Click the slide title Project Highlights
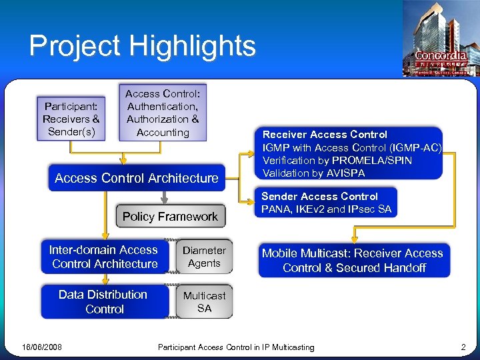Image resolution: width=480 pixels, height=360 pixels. (x=142, y=46)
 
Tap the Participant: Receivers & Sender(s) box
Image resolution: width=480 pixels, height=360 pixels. (x=71, y=119)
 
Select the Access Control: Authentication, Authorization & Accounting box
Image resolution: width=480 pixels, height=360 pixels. (x=163, y=113)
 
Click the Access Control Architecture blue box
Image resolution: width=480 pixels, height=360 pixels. (x=137, y=178)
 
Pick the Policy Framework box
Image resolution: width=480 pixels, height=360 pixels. (x=170, y=217)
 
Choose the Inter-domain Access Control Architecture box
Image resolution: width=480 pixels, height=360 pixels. (x=104, y=257)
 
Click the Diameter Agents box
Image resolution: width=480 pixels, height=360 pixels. (x=205, y=257)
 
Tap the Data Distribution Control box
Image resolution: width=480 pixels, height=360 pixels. (x=103, y=301)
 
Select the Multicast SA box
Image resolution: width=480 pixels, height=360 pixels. (x=205, y=301)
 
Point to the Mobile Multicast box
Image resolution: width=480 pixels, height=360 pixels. (x=353, y=261)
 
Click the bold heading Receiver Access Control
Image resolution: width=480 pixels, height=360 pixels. (x=325, y=135)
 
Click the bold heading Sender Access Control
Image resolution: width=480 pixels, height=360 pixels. (x=319, y=197)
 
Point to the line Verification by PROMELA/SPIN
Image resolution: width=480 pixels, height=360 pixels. (x=337, y=161)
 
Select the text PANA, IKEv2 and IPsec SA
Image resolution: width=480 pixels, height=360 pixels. (x=327, y=209)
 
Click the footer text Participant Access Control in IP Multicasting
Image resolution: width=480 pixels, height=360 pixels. (x=236, y=347)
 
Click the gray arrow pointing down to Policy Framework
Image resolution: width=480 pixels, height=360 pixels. (x=163, y=197)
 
